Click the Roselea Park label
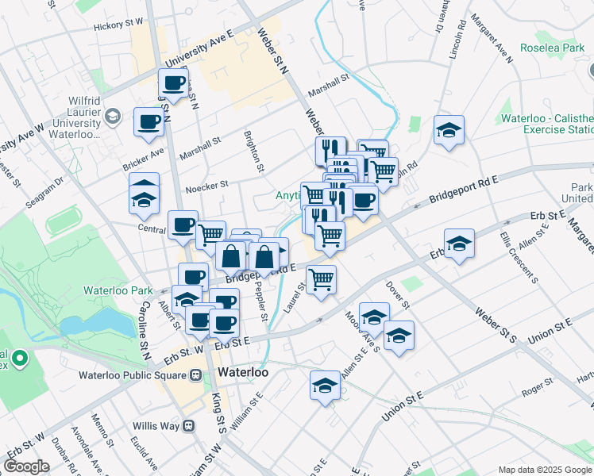click(x=552, y=48)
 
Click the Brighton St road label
click(x=253, y=152)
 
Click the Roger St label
click(x=538, y=386)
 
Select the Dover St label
click(x=399, y=297)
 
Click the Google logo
click(x=27, y=466)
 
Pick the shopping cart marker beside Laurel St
click(x=321, y=278)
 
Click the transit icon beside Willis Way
click(x=189, y=425)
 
